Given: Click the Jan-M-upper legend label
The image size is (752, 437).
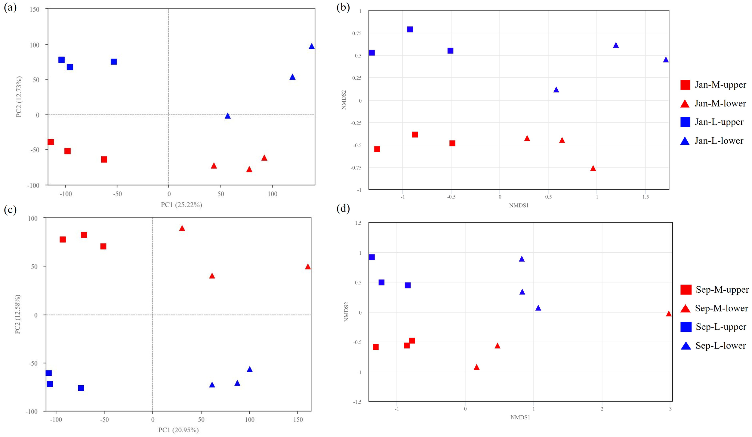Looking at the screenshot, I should (x=720, y=85).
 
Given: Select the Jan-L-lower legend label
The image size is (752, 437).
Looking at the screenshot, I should (x=719, y=141).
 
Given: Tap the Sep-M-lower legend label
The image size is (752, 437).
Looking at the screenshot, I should (x=721, y=308).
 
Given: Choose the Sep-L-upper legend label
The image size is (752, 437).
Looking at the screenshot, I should (x=721, y=327).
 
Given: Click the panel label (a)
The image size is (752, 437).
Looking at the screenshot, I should (x=10, y=8).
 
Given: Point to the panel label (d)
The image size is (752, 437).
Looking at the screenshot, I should (x=343, y=208).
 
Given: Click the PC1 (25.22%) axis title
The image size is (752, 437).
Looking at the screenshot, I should (x=181, y=205).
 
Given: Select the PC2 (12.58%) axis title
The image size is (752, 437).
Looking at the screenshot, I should (x=17, y=314).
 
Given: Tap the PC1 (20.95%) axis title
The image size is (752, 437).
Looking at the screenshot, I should (x=178, y=430).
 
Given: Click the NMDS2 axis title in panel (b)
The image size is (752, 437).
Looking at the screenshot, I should (x=344, y=100).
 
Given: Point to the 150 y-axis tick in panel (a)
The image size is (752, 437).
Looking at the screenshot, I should (x=35, y=9).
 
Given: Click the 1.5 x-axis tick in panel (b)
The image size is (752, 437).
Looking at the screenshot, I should (x=646, y=197).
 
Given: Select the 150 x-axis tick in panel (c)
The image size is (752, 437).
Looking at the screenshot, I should (x=298, y=420).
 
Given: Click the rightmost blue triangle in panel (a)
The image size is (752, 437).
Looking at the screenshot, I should (x=312, y=46).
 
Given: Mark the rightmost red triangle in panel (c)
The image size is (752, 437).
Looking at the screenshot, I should (x=307, y=267).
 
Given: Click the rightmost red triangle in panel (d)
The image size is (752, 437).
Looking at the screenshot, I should (x=669, y=314).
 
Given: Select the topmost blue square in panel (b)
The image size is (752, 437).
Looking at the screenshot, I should (x=410, y=29).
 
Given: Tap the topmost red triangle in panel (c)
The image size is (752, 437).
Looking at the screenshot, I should (x=182, y=229).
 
